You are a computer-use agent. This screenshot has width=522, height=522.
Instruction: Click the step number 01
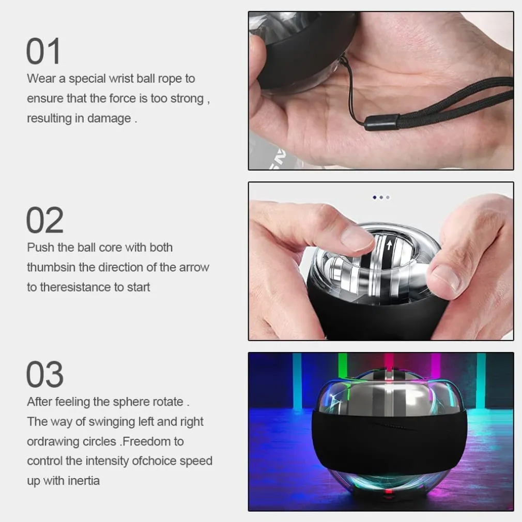[43, 51]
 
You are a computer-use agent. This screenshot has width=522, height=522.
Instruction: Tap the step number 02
[44, 220]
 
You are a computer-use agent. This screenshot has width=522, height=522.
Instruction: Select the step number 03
[44, 374]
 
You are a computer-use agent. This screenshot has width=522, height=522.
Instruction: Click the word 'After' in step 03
[40, 402]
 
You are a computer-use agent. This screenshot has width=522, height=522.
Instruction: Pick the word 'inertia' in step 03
[84, 481]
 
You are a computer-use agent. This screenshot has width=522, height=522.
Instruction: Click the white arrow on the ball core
[389, 245]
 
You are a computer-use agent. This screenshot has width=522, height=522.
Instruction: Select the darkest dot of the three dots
[375, 197]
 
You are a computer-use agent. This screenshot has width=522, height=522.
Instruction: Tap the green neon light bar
[342, 366]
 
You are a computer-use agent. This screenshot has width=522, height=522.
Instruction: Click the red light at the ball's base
[388, 492]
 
